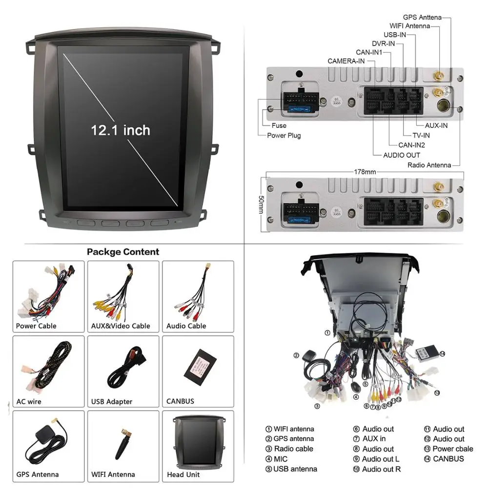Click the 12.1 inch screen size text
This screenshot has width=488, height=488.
[x=121, y=130]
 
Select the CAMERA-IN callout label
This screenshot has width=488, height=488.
[x=346, y=61]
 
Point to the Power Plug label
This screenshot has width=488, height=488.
[x=284, y=136]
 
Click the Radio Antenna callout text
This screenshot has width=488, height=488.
[x=429, y=165]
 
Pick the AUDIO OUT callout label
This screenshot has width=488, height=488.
[x=401, y=155]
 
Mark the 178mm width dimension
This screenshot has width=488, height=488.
[x=365, y=172]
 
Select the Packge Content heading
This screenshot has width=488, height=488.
[x=123, y=252]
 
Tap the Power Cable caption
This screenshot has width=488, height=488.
[x=36, y=326]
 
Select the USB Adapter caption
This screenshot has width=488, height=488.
[x=112, y=402]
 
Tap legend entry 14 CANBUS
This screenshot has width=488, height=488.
[x=444, y=459]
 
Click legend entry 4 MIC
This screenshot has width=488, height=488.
[x=276, y=459]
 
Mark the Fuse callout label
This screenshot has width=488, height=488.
[x=279, y=125]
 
